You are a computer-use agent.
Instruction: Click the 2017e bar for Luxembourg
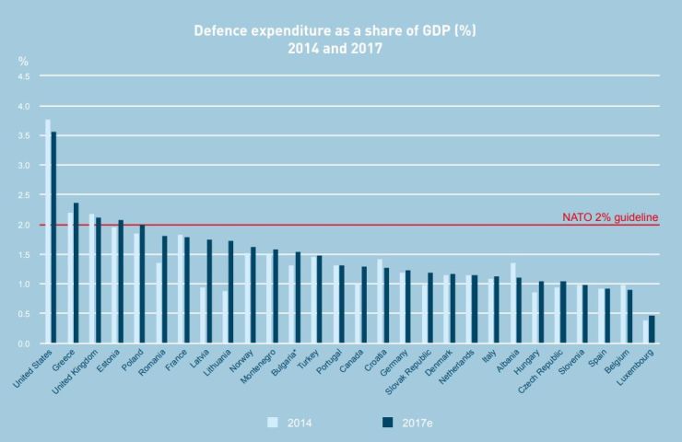652,330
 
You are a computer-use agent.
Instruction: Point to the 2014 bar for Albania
512,304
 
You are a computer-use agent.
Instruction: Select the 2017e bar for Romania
164,290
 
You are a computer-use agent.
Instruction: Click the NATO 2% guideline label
610,217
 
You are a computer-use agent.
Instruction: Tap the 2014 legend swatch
272,423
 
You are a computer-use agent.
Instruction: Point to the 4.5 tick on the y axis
24,76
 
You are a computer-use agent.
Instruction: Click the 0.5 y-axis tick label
24,314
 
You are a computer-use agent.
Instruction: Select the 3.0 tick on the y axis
24,166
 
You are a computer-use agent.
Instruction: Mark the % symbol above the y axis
23,61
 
